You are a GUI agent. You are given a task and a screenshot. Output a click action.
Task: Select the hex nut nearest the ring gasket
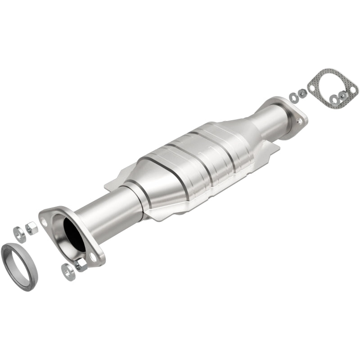point(31,228)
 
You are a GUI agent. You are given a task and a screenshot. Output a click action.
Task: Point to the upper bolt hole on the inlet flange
point(44,221)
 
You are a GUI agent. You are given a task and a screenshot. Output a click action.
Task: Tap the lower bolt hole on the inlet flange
point(93,256)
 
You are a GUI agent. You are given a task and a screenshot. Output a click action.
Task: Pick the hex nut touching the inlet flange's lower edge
point(81,265)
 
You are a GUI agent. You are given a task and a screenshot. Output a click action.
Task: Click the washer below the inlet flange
point(68,272)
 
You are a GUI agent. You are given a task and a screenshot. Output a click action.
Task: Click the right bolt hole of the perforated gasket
point(353,90)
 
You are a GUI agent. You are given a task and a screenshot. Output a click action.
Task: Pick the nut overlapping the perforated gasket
point(343,95)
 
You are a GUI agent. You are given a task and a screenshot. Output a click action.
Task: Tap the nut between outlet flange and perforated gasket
point(302,92)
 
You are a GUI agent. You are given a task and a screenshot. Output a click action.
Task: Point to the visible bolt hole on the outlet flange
point(298,120)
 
